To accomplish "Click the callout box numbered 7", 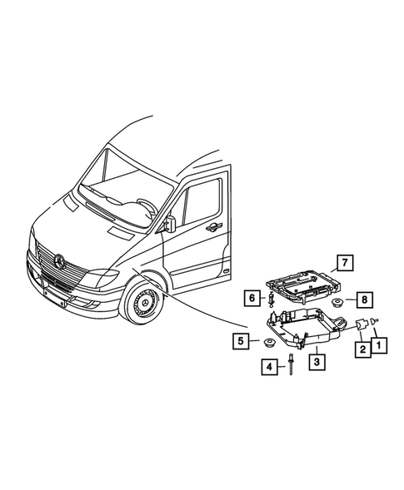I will (341, 265).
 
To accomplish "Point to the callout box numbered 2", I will (364, 349).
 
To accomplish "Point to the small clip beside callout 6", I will (271, 297).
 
